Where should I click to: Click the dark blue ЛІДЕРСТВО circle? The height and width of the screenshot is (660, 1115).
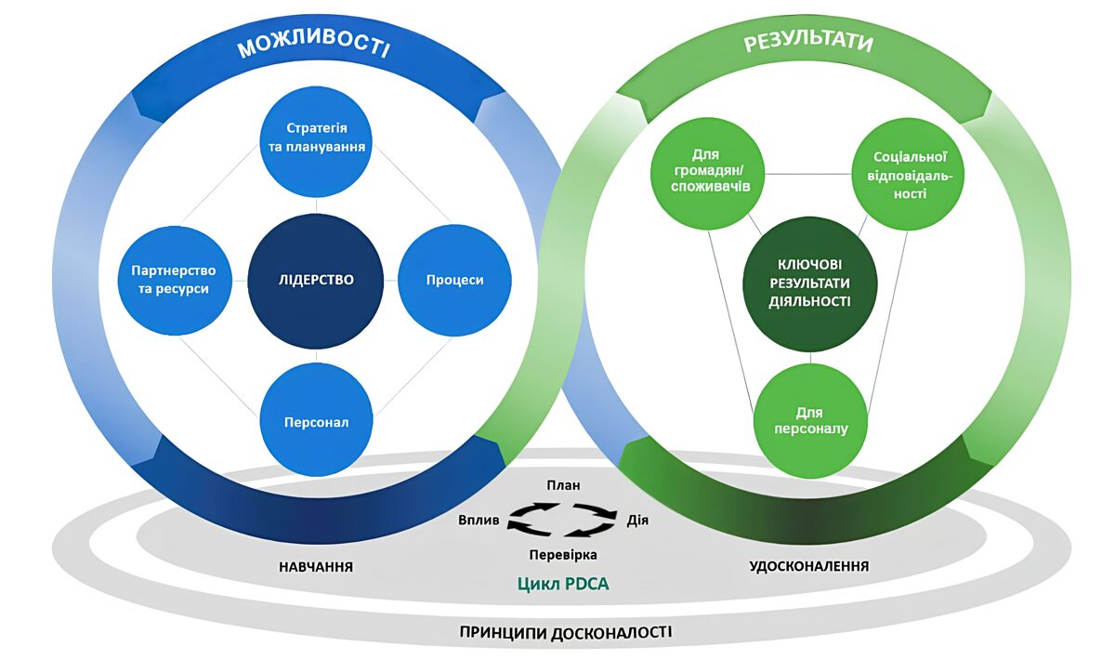[316, 280]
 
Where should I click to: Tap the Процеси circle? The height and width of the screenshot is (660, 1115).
[454, 280]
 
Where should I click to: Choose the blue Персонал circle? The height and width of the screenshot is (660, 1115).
[316, 421]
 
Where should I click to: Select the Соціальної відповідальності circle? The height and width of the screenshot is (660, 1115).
[907, 177]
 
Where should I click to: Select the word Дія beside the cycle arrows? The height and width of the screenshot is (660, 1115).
[637, 520]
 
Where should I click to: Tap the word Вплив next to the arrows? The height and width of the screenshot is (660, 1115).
[479, 521]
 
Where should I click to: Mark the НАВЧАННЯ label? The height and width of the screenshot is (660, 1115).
[316, 566]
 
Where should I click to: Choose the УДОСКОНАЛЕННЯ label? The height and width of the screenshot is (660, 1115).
[809, 566]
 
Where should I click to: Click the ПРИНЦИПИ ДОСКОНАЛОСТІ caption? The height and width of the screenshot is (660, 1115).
[565, 633]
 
